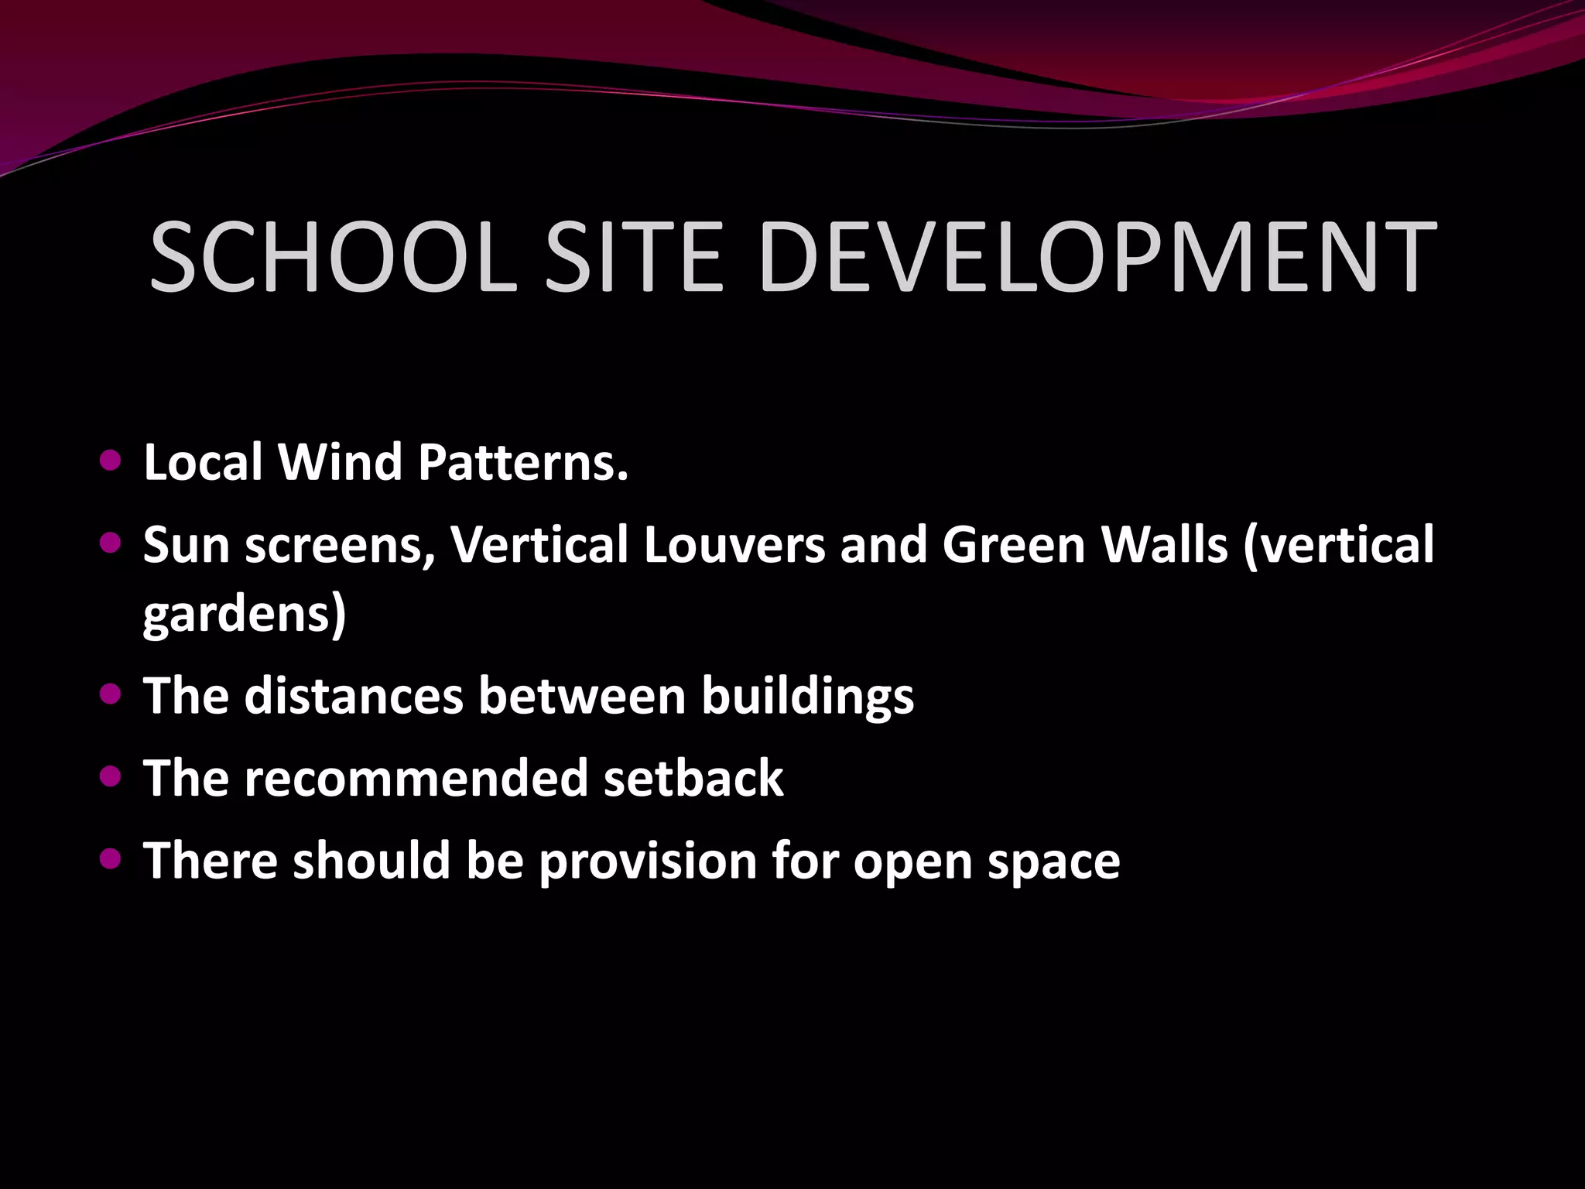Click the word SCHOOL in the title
(333, 258)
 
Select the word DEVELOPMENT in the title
(1097, 258)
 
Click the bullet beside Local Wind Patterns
(111, 461)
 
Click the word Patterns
(523, 463)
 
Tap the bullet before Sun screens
(111, 543)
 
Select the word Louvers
(734, 545)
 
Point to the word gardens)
(245, 615)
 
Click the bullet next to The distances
(111, 694)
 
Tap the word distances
(354, 696)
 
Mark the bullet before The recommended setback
(111, 776)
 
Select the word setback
(693, 779)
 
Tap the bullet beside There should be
(111, 858)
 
